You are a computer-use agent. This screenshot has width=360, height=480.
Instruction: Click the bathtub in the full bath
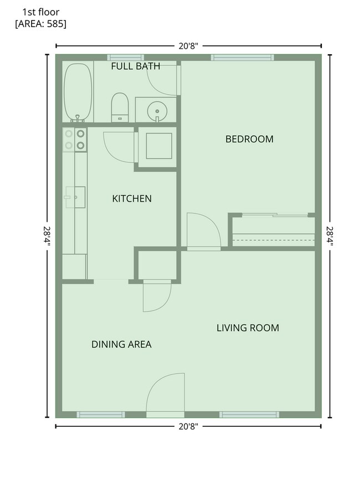tap(78, 92)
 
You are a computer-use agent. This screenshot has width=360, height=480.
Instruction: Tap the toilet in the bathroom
tap(120, 107)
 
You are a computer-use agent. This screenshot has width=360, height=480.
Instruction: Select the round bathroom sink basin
tap(157, 111)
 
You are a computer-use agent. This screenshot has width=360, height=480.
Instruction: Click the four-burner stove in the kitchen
tap(75, 140)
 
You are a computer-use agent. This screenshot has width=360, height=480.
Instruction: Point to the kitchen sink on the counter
tap(75, 197)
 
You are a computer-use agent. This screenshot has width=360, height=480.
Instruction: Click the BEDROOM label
tap(249, 140)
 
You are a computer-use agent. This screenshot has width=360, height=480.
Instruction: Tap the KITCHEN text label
tap(132, 199)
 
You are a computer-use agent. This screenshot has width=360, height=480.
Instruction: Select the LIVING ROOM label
tap(248, 328)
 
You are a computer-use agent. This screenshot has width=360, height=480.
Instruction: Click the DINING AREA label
tap(121, 344)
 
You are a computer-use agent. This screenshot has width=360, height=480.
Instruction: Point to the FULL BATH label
tap(136, 66)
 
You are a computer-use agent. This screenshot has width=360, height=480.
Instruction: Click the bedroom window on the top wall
tap(242, 58)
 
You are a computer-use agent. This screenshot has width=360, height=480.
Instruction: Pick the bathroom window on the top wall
tap(126, 58)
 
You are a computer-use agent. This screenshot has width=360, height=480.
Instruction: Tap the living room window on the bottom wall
tap(249, 415)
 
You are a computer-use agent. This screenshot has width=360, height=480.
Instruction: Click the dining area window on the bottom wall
tap(101, 415)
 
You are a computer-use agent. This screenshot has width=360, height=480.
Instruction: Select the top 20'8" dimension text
tap(188, 46)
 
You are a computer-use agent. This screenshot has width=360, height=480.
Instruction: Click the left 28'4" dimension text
tap(47, 236)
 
